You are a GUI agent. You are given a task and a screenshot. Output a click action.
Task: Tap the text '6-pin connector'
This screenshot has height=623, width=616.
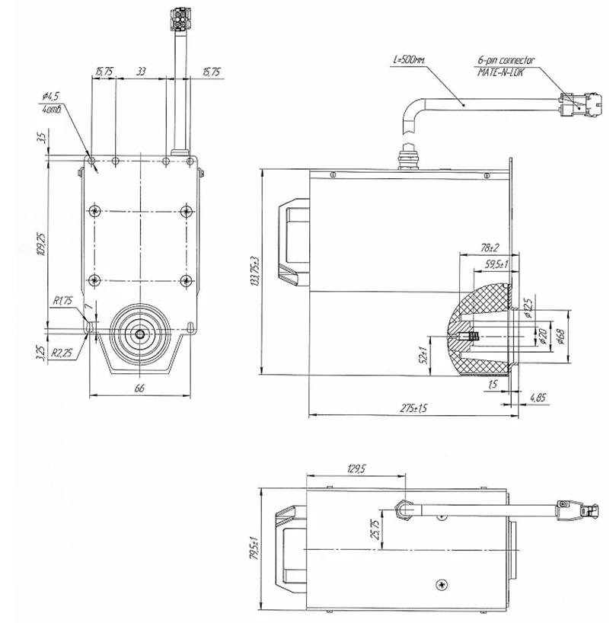506,59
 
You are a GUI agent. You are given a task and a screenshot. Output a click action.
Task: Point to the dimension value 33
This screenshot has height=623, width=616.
141,72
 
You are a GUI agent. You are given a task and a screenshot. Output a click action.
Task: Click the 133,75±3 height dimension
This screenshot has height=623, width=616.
256,272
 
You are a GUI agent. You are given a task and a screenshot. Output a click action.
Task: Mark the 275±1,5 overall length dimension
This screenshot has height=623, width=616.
413,408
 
